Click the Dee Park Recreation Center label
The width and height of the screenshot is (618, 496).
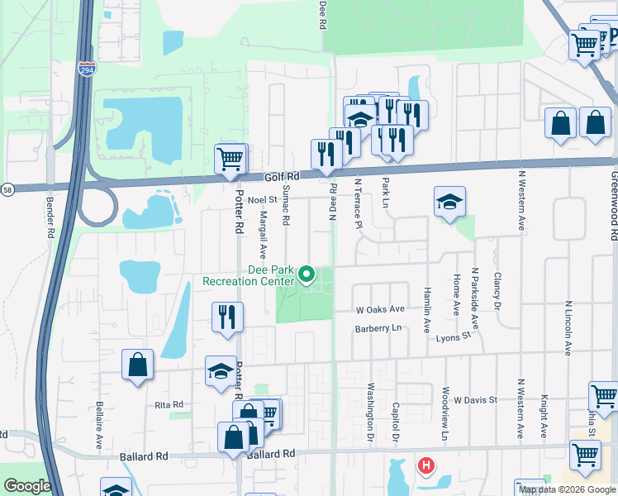(x=248, y=275)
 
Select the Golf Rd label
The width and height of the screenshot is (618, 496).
(x=281, y=177)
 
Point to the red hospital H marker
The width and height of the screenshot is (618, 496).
(x=425, y=466)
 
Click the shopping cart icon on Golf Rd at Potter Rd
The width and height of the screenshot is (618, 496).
(x=231, y=158)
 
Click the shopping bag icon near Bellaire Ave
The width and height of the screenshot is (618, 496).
(x=137, y=365)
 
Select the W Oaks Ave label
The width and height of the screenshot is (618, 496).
(x=380, y=309)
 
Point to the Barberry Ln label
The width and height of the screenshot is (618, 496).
(x=378, y=328)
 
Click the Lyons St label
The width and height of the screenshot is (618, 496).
(x=454, y=336)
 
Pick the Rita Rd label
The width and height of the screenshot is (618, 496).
(x=168, y=404)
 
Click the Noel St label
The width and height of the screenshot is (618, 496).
(x=261, y=199)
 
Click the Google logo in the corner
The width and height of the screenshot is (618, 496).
(x=26, y=486)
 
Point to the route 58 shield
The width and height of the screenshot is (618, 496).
(x=6, y=189)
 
